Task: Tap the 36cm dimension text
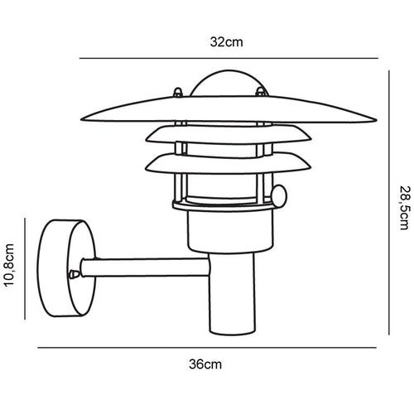pyautogui.click(x=207, y=363)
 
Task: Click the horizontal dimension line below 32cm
pyautogui.click(x=228, y=59)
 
